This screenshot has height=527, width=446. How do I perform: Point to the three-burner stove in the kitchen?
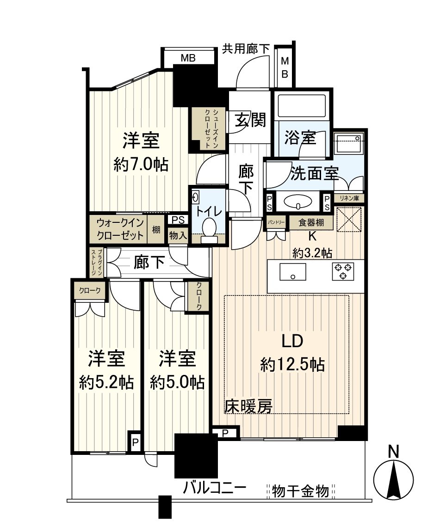(x=343, y=271)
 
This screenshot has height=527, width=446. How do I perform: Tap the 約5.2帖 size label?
(x=106, y=382)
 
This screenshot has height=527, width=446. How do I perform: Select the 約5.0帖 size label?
(x=177, y=382)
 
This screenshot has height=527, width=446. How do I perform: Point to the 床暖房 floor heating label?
(x=248, y=406)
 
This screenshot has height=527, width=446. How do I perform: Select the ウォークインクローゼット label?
(x=120, y=229)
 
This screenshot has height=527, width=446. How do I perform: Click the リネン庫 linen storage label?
(x=349, y=198)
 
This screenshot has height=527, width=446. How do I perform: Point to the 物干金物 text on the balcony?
(x=301, y=490)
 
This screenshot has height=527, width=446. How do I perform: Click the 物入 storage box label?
(x=178, y=235)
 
